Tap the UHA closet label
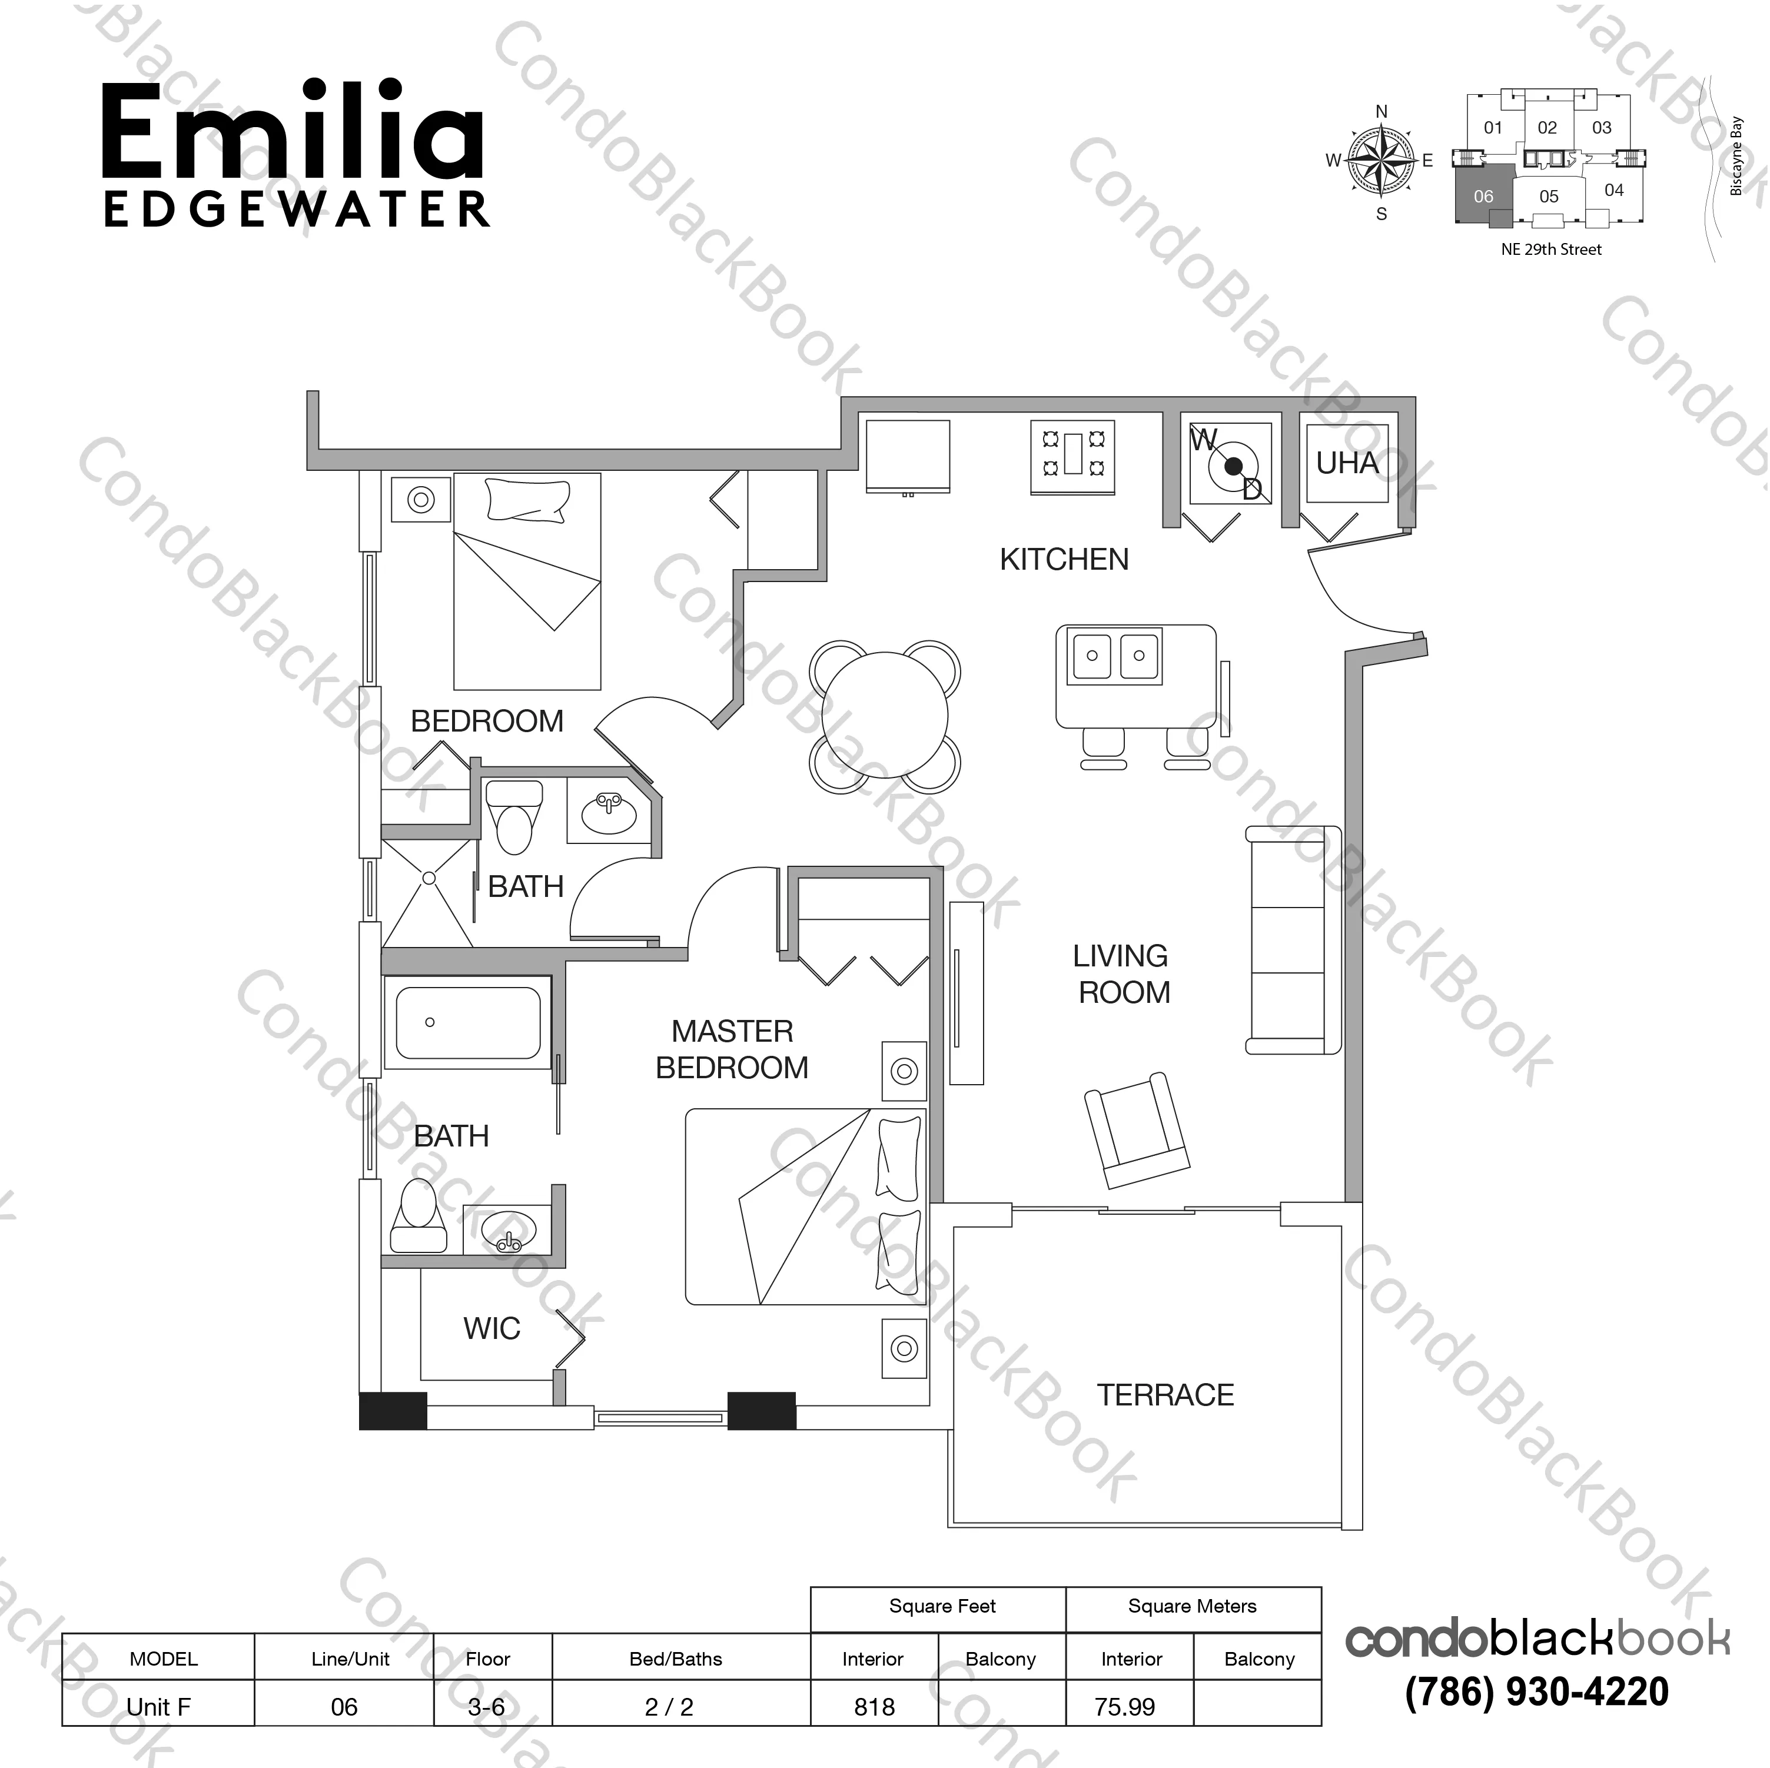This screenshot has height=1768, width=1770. pos(1347,464)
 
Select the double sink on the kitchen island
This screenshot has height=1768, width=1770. pos(1115,656)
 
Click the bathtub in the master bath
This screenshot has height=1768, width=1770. pos(467,1022)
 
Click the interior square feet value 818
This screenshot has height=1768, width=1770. pos(874,1707)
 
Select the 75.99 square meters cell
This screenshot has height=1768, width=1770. pos(1124,1707)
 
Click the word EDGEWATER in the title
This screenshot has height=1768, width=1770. pos(296,210)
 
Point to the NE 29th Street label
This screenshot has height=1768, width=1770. pos(1551,249)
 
